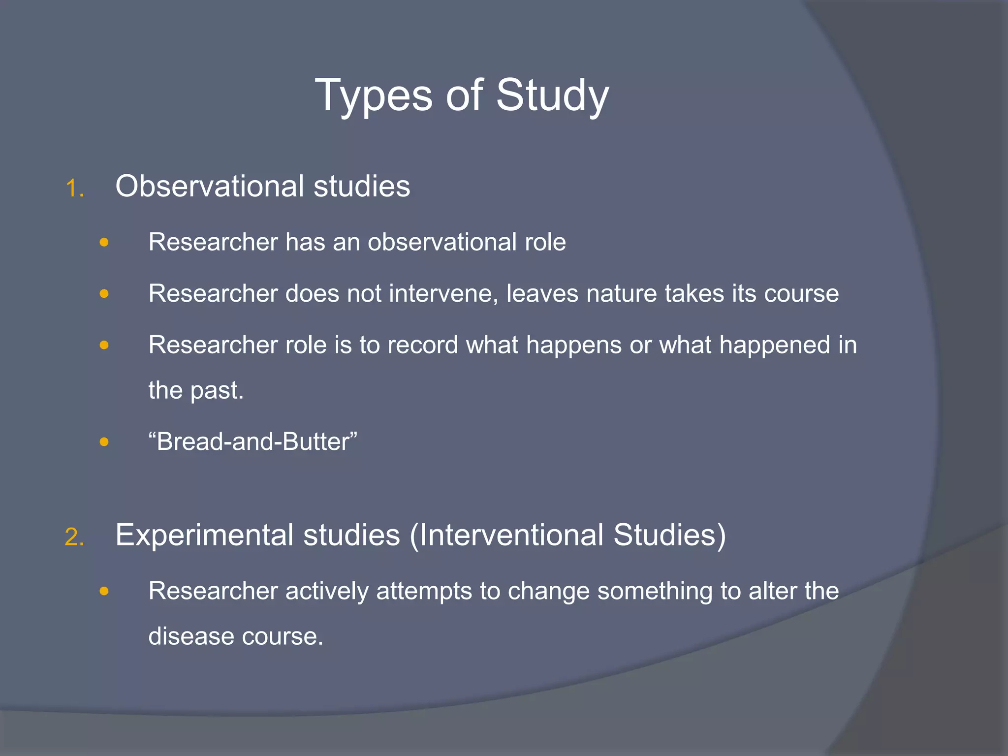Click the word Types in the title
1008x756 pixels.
pyautogui.click(x=374, y=95)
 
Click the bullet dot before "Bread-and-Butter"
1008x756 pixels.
pyautogui.click(x=104, y=441)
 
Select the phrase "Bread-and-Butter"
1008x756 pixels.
pyautogui.click(x=252, y=441)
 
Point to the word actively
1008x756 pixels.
pyautogui.click(x=327, y=591)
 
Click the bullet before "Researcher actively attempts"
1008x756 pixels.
pyautogui.click(x=104, y=591)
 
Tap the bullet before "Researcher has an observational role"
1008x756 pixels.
pyautogui.click(x=104, y=242)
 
